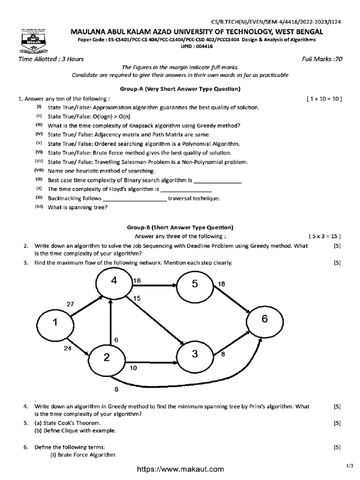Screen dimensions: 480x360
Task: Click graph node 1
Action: tap(56, 323)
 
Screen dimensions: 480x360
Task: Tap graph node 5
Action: tap(195, 285)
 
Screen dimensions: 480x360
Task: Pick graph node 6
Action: tap(264, 319)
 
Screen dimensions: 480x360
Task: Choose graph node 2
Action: tap(107, 358)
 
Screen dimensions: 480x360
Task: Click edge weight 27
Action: tap(70, 304)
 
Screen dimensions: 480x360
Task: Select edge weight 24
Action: tap(68, 348)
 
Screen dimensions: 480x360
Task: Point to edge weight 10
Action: tap(134, 368)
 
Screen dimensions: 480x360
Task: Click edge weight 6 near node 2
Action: tap(116, 339)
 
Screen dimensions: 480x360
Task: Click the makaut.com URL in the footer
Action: tap(180, 469)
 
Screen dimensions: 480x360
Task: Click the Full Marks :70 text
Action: tap(323, 59)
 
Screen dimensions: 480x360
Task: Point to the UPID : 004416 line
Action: tap(180, 47)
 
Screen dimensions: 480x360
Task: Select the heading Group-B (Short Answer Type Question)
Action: tap(180, 227)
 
